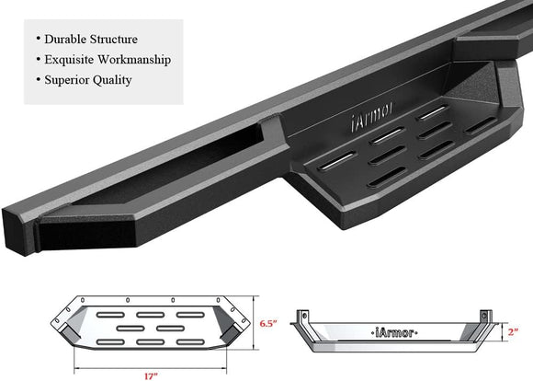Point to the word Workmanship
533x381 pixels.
(x=139, y=60)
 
